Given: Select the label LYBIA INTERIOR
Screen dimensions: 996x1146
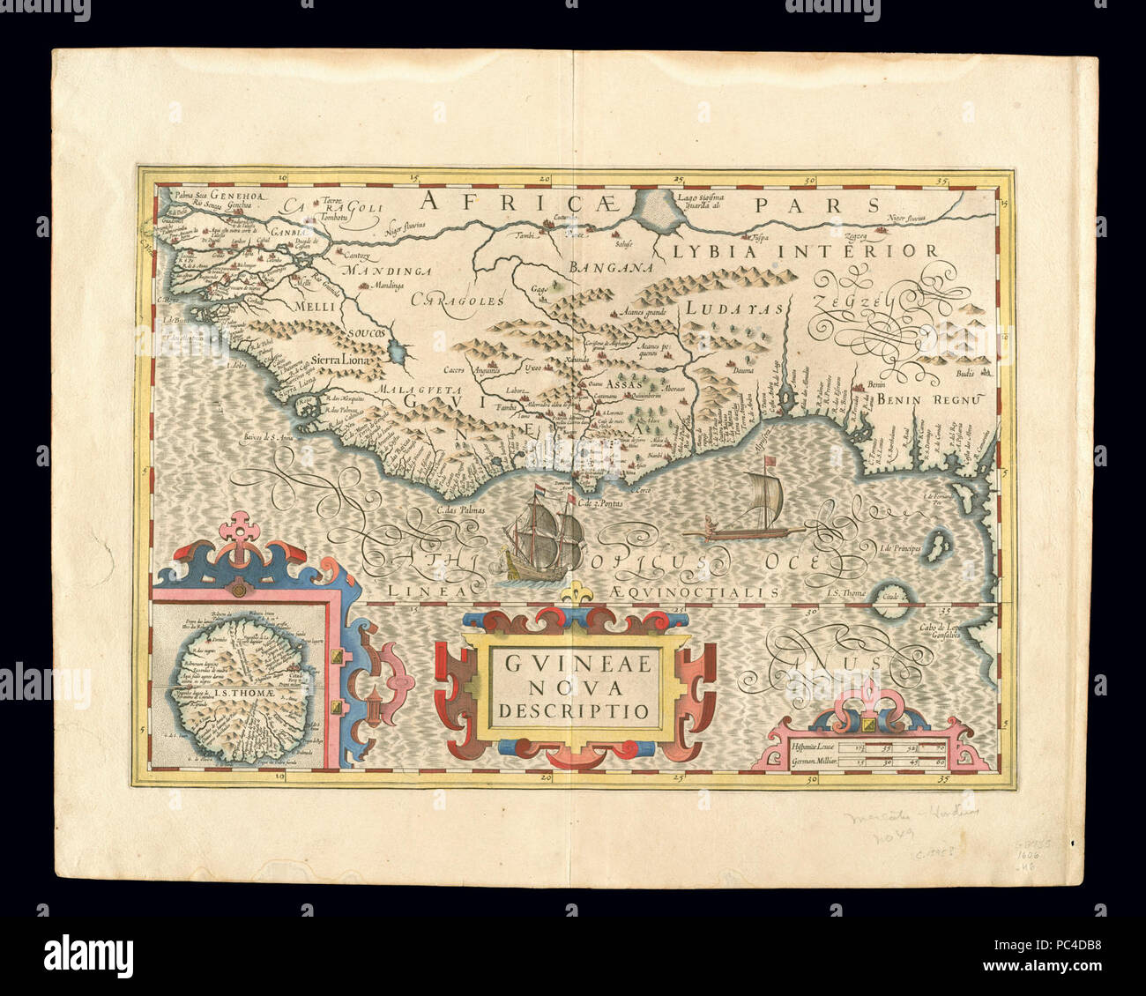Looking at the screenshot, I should coord(806,251).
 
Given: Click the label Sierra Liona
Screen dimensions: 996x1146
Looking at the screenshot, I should coord(343,360).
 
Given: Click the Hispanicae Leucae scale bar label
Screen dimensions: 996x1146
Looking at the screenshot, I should coord(807,747).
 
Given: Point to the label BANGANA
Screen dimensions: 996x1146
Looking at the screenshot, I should coord(609,267).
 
